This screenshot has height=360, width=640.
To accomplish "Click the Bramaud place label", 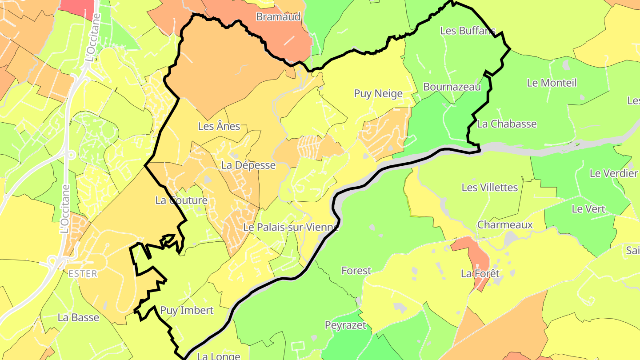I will pos(279,17).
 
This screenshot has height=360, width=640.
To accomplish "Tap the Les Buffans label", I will pos(468,31).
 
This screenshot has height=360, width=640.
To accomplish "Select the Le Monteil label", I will pos(552,83).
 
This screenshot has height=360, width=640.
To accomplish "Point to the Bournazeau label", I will pos(452,87).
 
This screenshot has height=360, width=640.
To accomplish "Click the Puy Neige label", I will pos(378,93).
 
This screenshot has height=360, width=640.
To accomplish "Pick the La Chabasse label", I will pos(507,124).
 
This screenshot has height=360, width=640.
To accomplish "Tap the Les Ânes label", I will pos(219,126).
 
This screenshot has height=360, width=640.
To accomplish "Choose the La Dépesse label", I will pos(248,165).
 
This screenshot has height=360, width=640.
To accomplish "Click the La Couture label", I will pos(181,200).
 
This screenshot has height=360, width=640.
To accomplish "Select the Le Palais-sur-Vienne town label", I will pos(291,227).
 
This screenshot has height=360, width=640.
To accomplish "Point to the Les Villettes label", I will pos(490,188).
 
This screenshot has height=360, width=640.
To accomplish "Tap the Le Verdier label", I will pos(613,173).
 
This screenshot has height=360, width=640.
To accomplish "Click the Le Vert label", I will pos(588,209).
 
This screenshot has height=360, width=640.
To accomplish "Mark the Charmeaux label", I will pos(505,225).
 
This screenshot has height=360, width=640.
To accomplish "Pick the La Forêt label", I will pos(480,273).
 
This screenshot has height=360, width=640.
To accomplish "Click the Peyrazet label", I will pos(345,325).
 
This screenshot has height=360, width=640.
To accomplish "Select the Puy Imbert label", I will pos(187,310).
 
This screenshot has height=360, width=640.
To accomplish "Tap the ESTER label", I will pos(83,274).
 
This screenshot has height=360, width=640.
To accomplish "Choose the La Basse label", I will pos(78,317).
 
